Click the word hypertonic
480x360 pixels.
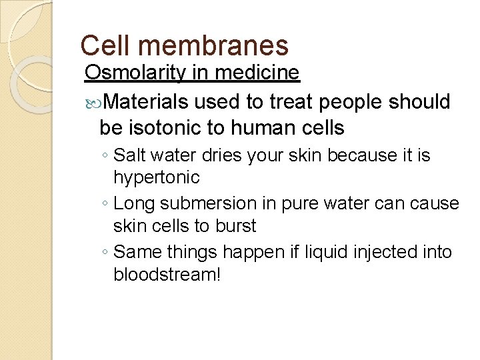[156, 177]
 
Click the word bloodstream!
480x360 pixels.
[167, 274]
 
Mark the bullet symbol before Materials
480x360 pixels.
[92, 103]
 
